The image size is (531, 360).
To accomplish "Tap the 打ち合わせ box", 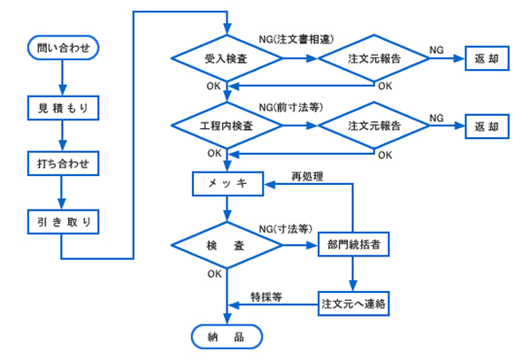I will [61, 165].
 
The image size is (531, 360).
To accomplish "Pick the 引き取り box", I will [61, 219].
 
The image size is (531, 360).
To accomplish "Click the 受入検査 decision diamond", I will [227, 59].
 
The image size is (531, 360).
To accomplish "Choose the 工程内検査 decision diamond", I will [227, 126].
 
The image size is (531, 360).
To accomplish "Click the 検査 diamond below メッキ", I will [227, 243].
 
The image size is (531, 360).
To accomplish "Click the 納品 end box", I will [227, 336].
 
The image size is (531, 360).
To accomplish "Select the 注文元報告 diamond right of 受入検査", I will [373, 59].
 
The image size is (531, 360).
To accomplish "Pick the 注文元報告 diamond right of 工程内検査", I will [373, 126].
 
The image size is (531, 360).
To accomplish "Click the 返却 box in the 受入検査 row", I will [487, 59].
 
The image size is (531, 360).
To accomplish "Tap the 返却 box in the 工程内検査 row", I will [487, 126].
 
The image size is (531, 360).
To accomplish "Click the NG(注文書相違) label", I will [294, 40].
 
